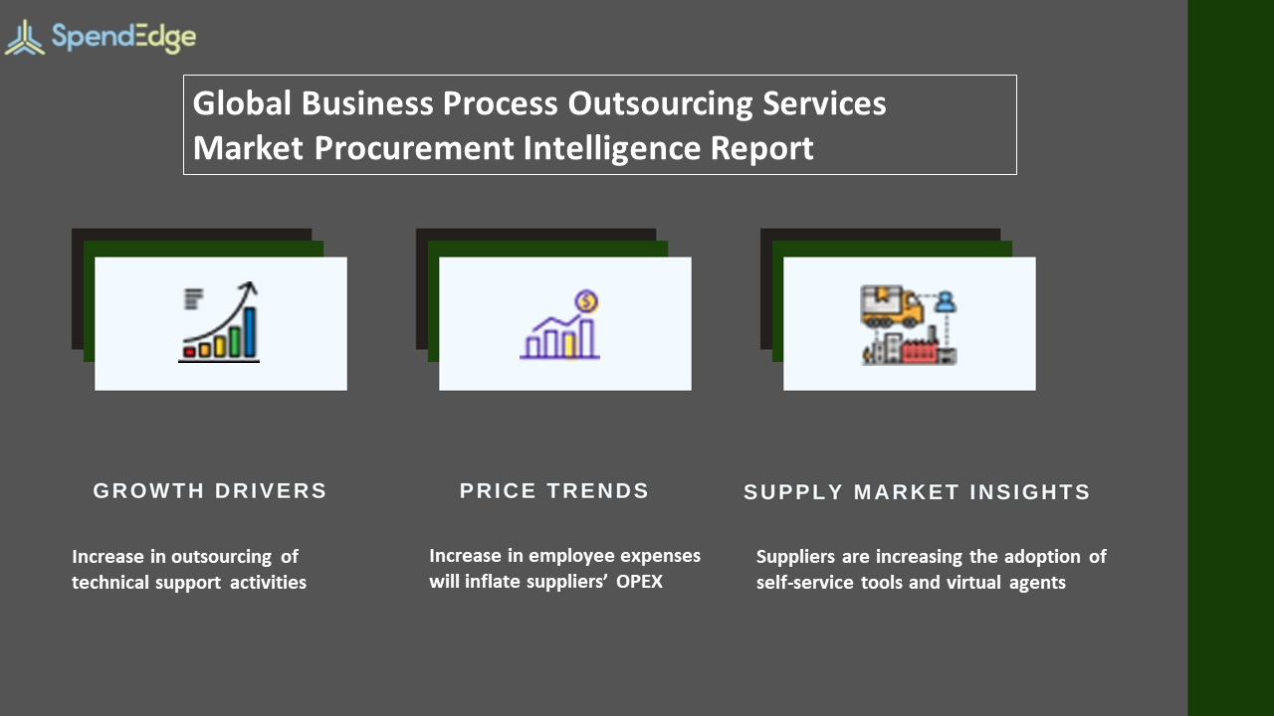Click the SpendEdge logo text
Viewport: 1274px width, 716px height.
124,38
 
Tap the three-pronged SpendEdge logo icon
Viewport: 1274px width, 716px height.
25,39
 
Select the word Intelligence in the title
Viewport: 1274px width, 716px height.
612,149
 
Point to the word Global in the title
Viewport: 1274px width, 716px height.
242,103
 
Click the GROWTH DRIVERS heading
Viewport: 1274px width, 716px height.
210,491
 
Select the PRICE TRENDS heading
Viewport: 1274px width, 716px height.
554,491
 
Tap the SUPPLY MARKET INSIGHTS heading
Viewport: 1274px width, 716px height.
917,492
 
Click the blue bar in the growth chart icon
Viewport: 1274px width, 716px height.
250,332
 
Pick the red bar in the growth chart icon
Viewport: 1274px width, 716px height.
189,352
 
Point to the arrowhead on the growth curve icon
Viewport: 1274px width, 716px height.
249,287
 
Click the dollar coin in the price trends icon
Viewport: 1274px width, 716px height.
586,301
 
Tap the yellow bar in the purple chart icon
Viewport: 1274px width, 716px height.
569,346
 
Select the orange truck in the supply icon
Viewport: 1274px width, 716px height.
891,306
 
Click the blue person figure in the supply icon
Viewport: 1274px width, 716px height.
946,301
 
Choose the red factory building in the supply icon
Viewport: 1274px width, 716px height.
919,352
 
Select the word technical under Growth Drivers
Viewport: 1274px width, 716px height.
110,583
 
